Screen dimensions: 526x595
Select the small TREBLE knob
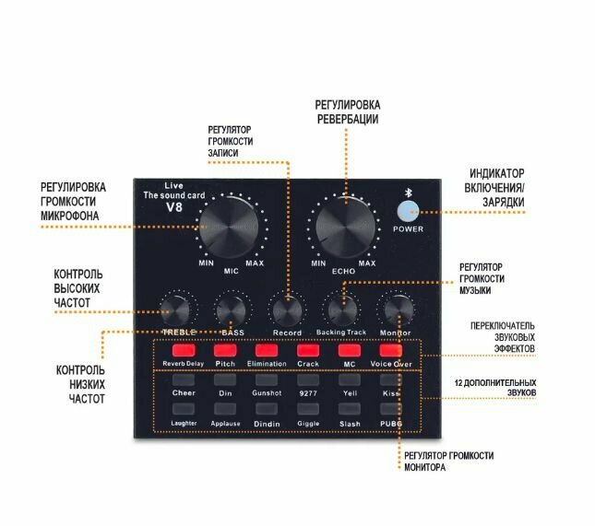pos(175,310)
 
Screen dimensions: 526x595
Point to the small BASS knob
pos(231,310)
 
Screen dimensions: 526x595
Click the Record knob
pos(287,310)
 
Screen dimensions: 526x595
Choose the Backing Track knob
pos(340,308)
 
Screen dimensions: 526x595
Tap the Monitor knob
pos(396,309)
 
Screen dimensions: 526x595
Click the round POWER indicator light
pos(408,211)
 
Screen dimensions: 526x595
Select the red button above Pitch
pos(224,350)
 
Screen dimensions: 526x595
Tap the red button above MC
pos(349,350)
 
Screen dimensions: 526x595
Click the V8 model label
pos(175,208)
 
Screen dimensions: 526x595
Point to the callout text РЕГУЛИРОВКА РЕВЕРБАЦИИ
pos(348,112)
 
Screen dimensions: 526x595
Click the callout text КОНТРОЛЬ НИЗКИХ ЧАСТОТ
pos(78,384)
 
